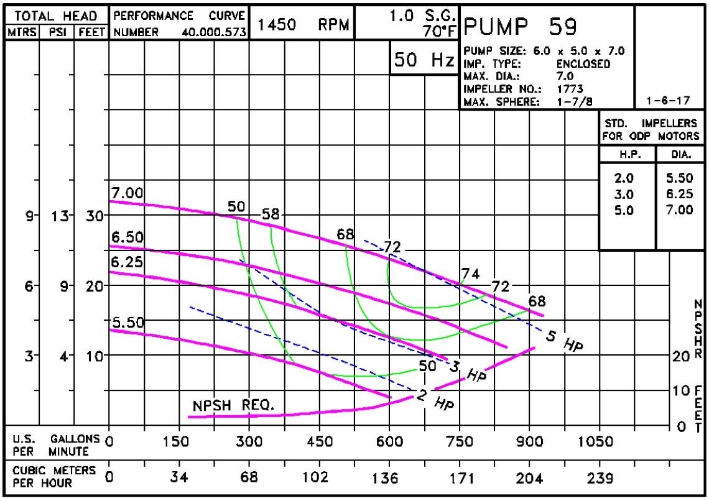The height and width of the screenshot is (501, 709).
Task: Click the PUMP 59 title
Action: tap(521, 27)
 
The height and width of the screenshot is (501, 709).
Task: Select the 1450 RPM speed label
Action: tap(303, 24)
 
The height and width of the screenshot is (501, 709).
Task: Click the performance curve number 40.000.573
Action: tap(214, 32)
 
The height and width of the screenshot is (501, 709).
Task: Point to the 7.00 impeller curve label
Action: tap(127, 193)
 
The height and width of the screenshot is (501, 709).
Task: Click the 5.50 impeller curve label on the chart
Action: tap(127, 322)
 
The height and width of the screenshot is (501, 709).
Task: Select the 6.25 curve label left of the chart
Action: tap(127, 263)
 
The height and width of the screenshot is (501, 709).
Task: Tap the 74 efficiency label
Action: tap(471, 273)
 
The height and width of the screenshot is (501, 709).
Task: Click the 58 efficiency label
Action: tap(271, 214)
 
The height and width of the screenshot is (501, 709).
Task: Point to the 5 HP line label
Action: tap(564, 341)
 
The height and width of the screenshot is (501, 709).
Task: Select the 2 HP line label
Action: tap(434, 400)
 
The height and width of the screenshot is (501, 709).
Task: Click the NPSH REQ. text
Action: tap(233, 405)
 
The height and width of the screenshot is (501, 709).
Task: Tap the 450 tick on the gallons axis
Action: tap(319, 442)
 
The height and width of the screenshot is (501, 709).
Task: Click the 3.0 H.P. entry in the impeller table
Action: tap(624, 195)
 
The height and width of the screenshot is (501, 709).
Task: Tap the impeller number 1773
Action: tap(570, 88)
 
